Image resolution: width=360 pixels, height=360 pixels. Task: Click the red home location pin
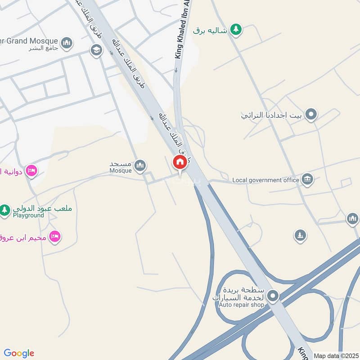(180, 162)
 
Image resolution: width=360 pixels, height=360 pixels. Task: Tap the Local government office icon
(308, 180)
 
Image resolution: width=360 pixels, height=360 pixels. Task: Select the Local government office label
(265, 180)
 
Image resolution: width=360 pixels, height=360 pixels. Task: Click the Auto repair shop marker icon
(273, 296)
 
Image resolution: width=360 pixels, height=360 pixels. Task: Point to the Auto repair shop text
(241, 305)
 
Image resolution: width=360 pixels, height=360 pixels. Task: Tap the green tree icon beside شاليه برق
(235, 30)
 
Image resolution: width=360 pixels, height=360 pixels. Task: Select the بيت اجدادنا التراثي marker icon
(310, 115)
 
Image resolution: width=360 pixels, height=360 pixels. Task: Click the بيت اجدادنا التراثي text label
(270, 115)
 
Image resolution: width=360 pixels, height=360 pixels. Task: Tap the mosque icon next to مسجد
(140, 166)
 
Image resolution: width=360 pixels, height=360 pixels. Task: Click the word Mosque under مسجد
(121, 171)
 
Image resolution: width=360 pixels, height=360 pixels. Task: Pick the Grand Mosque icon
(67, 43)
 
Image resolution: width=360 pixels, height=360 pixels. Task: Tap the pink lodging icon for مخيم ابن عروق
(55, 236)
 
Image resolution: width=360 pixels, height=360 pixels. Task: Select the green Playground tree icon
(5, 210)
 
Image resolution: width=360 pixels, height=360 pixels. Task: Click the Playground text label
(28, 215)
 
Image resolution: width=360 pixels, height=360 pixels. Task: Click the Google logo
(19, 353)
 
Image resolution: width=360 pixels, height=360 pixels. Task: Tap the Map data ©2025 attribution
(335, 355)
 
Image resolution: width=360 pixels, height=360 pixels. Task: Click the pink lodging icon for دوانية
(31, 171)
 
